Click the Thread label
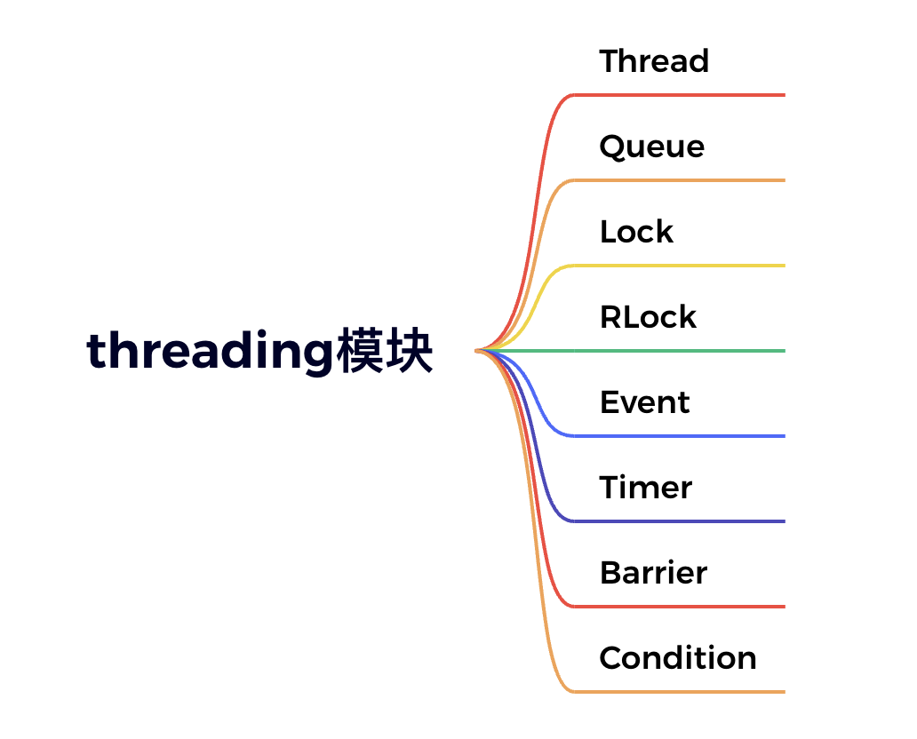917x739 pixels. click(654, 61)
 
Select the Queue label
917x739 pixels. click(651, 147)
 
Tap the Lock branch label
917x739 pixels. click(636, 232)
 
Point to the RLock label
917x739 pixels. click(648, 317)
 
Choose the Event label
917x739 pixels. click(644, 402)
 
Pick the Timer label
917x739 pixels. click(645, 488)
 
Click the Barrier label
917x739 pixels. click(653, 573)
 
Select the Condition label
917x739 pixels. click(677, 658)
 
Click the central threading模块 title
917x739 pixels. click(259, 353)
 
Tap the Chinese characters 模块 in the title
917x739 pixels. click(385, 353)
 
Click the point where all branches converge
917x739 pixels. click(479, 351)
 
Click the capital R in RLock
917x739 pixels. click(610, 317)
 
